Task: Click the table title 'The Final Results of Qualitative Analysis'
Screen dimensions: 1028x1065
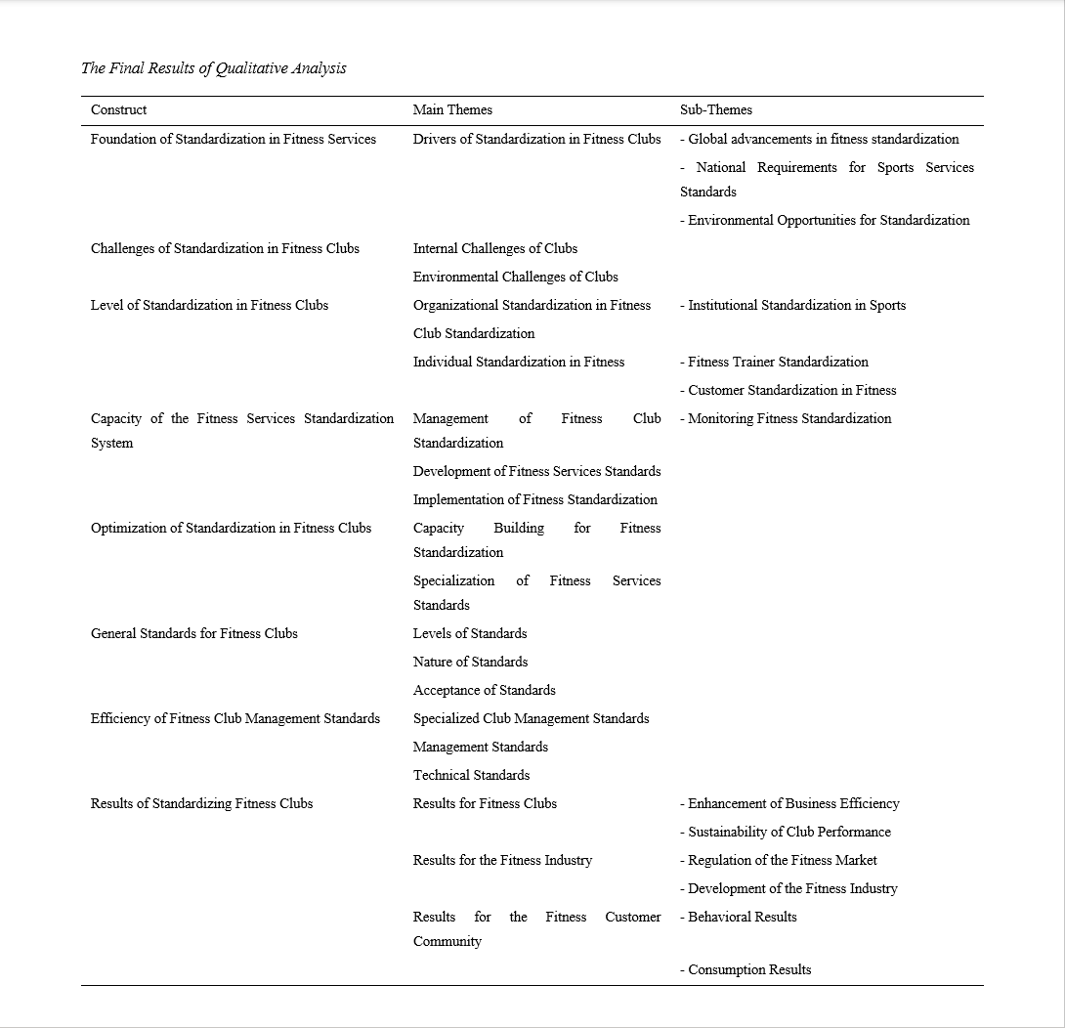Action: pyautogui.click(x=213, y=68)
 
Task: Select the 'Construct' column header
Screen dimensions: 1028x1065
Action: pyautogui.click(x=119, y=109)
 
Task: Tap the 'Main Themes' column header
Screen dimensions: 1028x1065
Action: pyautogui.click(x=452, y=109)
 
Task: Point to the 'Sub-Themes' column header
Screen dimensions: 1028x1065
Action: pyautogui.click(x=716, y=109)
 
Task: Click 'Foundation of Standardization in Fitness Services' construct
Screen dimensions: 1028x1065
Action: pyautogui.click(x=234, y=139)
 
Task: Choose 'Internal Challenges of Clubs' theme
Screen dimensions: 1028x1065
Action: pyautogui.click(x=495, y=248)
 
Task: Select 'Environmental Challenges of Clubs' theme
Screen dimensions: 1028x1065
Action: pyautogui.click(x=515, y=277)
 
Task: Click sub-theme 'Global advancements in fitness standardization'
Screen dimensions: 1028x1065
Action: pyautogui.click(x=823, y=139)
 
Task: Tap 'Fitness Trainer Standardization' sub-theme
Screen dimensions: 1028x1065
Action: pyautogui.click(x=778, y=362)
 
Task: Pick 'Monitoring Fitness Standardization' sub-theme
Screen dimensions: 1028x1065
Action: pyautogui.click(x=789, y=418)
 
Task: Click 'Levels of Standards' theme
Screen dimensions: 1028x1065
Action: pyautogui.click(x=470, y=633)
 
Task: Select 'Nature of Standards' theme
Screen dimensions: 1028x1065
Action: pyautogui.click(x=470, y=662)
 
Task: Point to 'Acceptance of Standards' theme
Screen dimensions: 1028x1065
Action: pyautogui.click(x=484, y=690)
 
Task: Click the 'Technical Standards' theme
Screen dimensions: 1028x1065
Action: pyautogui.click(x=471, y=775)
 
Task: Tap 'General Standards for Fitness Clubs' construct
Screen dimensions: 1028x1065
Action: pyautogui.click(x=194, y=633)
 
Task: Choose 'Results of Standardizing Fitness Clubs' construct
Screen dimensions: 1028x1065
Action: pyautogui.click(x=202, y=803)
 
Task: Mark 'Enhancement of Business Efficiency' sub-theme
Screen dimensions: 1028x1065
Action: pyautogui.click(x=793, y=803)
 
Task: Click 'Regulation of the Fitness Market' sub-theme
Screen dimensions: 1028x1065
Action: pyautogui.click(x=782, y=860)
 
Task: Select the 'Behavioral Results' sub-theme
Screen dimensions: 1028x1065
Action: pyautogui.click(x=742, y=917)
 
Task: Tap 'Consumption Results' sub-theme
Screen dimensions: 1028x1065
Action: pyautogui.click(x=749, y=969)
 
